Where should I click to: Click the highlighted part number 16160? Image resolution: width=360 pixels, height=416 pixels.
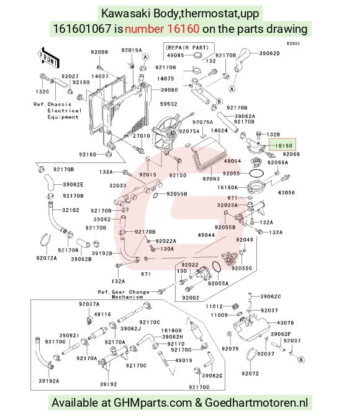click(284, 146)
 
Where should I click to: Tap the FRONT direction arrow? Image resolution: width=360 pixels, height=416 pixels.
click(48, 58)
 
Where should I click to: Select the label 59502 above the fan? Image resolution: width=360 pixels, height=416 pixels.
click(168, 104)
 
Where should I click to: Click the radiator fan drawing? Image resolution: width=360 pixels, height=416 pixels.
click(164, 134)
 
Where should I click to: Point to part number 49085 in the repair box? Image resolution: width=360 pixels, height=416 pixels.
click(176, 55)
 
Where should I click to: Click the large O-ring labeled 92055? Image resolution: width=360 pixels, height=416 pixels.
click(256, 173)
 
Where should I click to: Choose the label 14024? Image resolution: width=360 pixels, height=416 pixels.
click(219, 130)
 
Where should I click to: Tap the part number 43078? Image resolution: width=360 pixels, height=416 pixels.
click(285, 323)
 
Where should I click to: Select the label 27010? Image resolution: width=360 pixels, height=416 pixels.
click(142, 136)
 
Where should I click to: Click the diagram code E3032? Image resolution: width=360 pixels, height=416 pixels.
click(294, 43)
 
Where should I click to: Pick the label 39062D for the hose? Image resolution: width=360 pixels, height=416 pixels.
click(269, 53)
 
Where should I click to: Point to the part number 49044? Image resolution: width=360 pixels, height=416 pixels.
click(207, 235)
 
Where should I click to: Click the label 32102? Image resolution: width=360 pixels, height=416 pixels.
click(71, 210)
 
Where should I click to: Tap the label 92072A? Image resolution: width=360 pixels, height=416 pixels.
click(47, 258)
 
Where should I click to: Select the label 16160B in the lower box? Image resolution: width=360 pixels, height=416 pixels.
click(171, 330)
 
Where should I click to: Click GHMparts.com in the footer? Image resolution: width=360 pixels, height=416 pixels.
click(153, 403)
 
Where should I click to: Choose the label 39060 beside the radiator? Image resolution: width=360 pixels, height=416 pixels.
click(169, 90)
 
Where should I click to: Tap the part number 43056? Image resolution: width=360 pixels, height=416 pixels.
click(286, 192)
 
